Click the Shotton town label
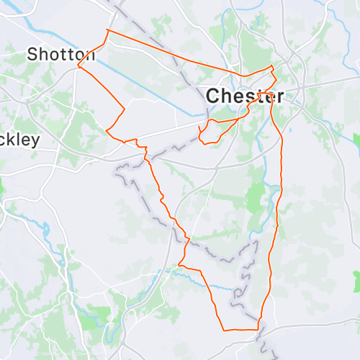[61, 54]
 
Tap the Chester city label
[245, 96]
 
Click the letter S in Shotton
[33, 54]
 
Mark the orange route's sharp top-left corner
[107, 30]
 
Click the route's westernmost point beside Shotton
[78, 66]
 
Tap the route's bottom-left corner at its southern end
[224, 330]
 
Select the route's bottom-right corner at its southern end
[258, 330]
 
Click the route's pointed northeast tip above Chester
[272, 66]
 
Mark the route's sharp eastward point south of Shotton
[125, 109]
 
